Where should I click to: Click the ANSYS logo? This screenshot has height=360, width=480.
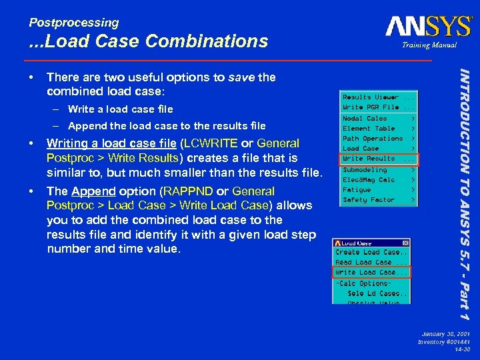click(428, 27)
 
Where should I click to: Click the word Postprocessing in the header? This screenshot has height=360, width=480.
click(74, 23)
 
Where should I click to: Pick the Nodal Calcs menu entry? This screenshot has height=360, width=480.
click(365, 119)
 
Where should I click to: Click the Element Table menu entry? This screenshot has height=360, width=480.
click(369, 129)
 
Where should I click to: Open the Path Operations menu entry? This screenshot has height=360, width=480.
click(373, 139)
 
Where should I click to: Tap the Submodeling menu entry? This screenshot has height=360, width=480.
click(365, 169)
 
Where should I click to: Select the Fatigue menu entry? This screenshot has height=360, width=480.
click(357, 190)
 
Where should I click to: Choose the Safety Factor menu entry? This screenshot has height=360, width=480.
click(369, 200)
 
